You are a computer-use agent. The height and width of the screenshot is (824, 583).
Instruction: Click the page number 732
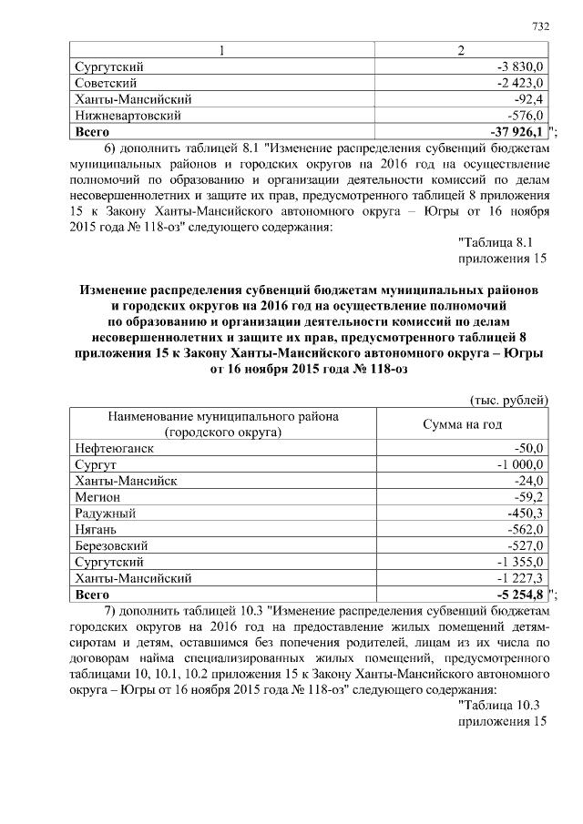click(x=541, y=26)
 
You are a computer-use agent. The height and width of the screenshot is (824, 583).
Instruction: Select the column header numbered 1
click(x=220, y=50)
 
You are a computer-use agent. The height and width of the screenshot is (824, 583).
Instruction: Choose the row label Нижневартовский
click(x=127, y=116)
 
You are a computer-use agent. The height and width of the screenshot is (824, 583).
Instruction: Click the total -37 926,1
click(x=516, y=132)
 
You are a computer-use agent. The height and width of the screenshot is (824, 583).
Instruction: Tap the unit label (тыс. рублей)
click(x=509, y=399)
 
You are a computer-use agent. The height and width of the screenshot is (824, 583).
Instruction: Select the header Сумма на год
click(x=462, y=424)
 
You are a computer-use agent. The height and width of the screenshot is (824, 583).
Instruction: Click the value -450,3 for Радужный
click(x=526, y=514)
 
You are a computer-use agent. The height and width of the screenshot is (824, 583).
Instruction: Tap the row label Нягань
click(x=97, y=530)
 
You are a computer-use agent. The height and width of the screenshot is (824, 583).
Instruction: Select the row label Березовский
click(x=115, y=546)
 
